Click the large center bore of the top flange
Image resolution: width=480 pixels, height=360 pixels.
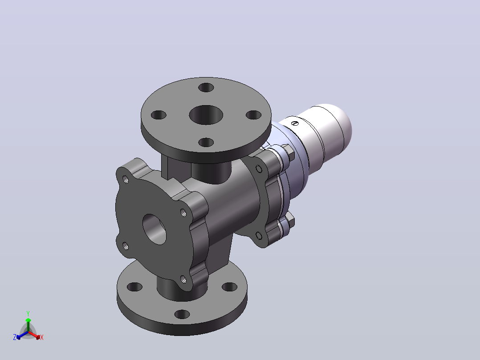pos(206,115)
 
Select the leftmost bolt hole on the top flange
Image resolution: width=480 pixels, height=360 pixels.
pos(159,115)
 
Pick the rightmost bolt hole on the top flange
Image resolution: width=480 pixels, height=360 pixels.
pos(253,115)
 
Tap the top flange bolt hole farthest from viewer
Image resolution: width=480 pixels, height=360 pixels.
pos(206,88)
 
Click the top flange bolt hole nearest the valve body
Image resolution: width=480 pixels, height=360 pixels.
pos(206,143)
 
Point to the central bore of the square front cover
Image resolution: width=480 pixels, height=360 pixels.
pos(154,229)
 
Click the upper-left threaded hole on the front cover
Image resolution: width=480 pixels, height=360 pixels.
pos(126,179)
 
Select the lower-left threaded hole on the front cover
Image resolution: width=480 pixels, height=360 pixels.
pos(126,246)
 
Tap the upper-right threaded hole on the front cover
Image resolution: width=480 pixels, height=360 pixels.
pos(183,213)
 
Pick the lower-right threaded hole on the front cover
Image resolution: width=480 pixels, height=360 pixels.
pos(183,279)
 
